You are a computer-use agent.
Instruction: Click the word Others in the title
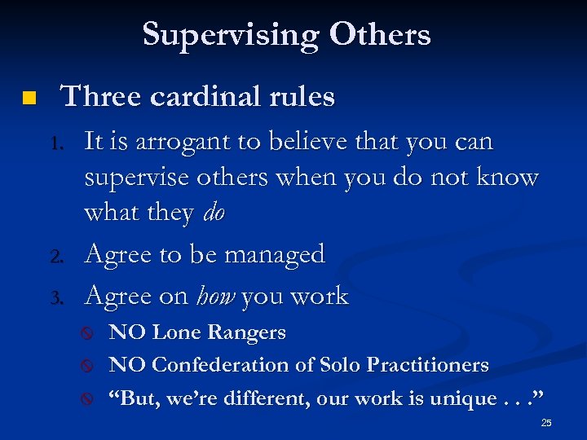[380, 35]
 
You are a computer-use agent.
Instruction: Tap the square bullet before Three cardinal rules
[29, 99]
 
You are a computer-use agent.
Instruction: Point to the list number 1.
[57, 144]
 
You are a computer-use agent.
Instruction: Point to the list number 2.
[57, 257]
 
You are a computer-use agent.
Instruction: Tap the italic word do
[213, 213]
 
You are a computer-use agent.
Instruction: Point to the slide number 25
[546, 423]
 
